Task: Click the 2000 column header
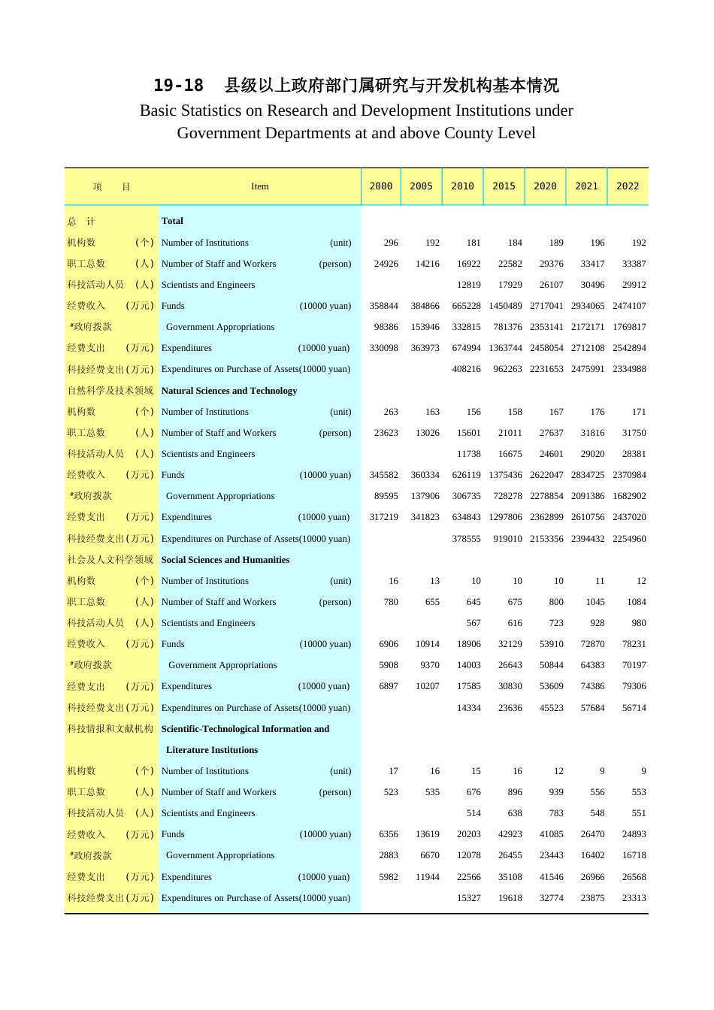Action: (x=381, y=186)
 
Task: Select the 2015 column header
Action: (x=504, y=186)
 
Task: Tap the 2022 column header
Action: (x=628, y=186)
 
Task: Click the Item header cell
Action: (x=259, y=186)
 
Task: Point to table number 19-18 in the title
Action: (x=178, y=86)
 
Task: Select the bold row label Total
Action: (x=172, y=221)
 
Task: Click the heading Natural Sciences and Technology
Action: (x=229, y=391)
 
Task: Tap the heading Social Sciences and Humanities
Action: (x=225, y=560)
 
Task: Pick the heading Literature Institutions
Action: (x=212, y=750)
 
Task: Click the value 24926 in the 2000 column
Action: (x=386, y=264)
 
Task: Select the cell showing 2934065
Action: (x=587, y=306)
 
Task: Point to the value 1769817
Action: (x=629, y=327)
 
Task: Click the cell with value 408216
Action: (x=467, y=369)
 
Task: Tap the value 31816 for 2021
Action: (x=592, y=433)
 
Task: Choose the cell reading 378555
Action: (x=467, y=539)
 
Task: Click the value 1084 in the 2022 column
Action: (x=634, y=602)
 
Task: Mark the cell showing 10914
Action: (x=428, y=644)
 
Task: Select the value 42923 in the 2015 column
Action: (x=510, y=834)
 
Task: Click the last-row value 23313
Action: (x=634, y=898)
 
